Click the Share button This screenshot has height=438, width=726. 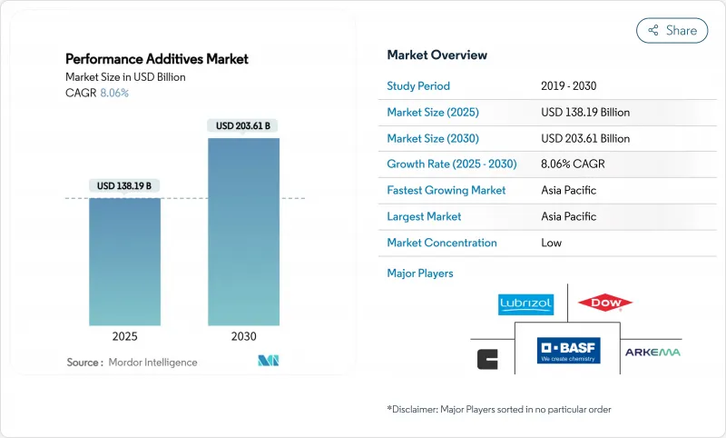tap(672, 30)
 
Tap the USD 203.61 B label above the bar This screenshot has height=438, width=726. tap(243, 125)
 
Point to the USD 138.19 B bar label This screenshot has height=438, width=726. tap(124, 185)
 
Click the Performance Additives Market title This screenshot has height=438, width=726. tap(157, 59)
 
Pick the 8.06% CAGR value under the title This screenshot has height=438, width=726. tap(113, 93)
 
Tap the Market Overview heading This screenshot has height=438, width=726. tap(437, 55)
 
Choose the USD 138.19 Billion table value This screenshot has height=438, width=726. tap(584, 113)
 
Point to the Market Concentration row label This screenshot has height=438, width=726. tap(442, 243)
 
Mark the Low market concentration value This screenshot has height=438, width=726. tap(551, 243)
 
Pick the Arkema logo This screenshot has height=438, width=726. tap(652, 352)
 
